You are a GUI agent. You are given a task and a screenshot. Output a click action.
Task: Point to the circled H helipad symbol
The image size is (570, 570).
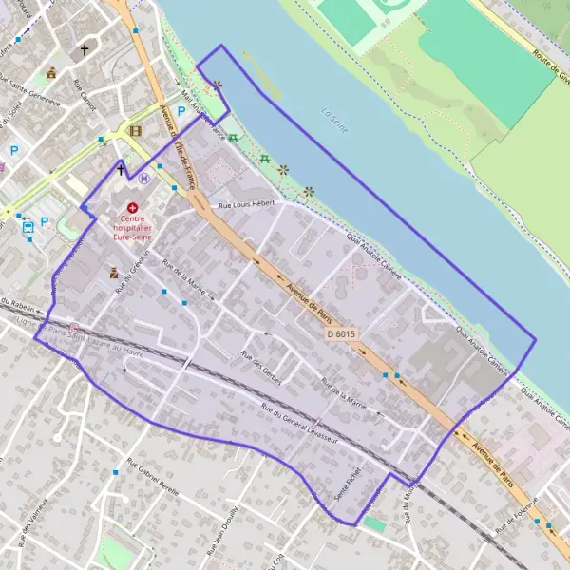[143, 178]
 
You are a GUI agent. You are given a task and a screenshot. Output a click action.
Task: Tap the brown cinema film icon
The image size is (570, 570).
[135, 131]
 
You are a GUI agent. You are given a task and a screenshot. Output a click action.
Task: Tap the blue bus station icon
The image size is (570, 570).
[28, 227]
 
